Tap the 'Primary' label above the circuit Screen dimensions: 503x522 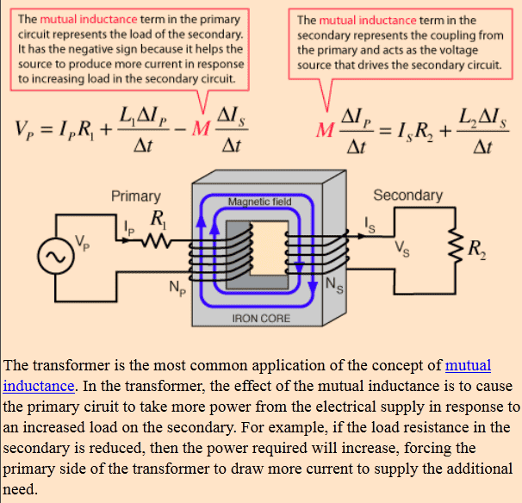[136, 196]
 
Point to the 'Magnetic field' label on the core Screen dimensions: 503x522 [259, 202]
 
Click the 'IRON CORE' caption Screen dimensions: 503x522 [261, 319]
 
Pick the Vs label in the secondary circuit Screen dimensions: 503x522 [403, 251]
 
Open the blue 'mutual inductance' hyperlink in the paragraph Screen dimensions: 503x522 [468, 365]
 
